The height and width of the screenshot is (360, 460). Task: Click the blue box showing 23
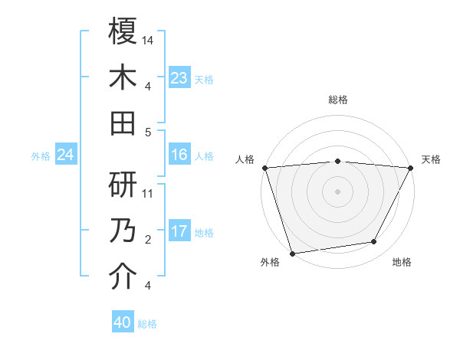[179, 78]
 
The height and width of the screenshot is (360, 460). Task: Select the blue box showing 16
[179, 155]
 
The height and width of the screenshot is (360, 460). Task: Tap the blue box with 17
[179, 232]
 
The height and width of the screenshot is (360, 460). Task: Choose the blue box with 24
[66, 155]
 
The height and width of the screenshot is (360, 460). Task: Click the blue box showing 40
[123, 322]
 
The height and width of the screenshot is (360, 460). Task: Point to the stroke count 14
[148, 40]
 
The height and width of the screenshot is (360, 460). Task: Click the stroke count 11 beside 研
[148, 194]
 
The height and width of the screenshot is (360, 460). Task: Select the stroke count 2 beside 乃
[147, 241]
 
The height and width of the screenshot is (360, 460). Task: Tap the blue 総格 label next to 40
[147, 324]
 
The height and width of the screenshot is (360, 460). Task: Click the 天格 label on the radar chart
[431, 159]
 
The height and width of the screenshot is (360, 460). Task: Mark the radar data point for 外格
[292, 252]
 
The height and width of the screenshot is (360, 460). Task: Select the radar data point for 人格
[264, 168]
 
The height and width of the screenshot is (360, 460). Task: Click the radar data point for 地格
[374, 242]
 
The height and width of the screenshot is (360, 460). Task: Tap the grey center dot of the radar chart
[337, 191]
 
